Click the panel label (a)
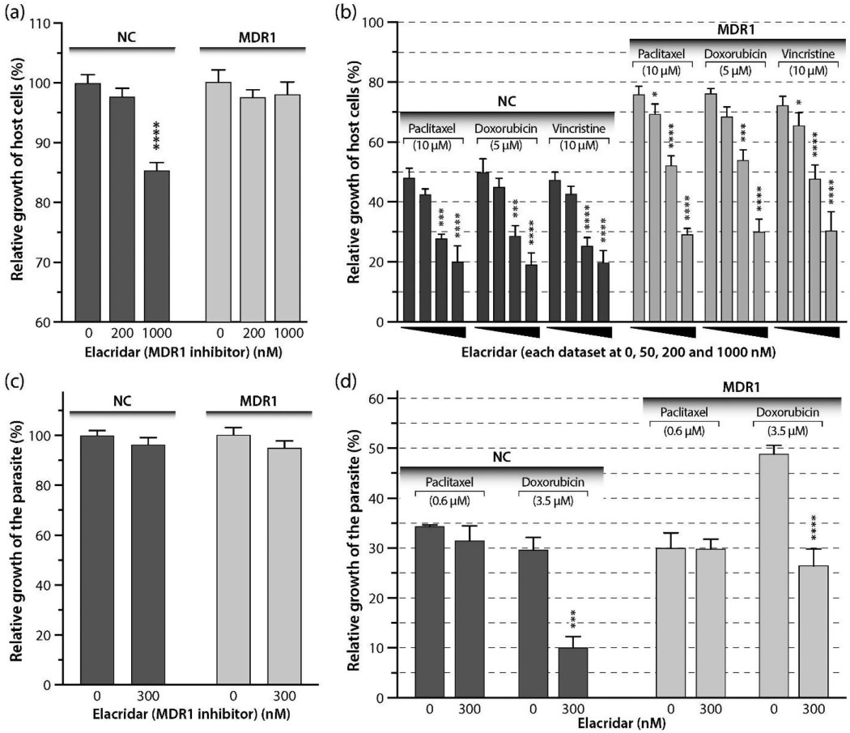coord(18,12)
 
